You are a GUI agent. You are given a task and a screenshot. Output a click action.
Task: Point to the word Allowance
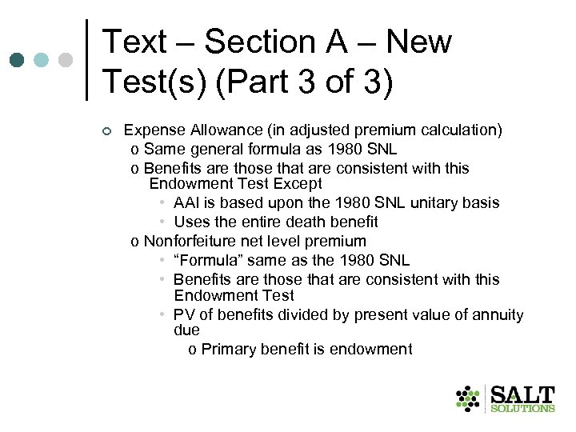tap(221, 130)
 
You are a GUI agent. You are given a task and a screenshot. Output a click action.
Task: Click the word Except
tap(300, 183)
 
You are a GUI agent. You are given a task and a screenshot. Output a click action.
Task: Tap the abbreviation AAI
tap(187, 202)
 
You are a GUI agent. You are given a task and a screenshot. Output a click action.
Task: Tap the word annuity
tap(495, 315)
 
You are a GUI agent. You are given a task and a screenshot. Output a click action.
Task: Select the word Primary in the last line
tap(230, 349)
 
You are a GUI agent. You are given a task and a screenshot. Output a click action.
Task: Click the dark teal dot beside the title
tap(17, 60)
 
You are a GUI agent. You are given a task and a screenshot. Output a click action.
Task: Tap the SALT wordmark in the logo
tap(522, 394)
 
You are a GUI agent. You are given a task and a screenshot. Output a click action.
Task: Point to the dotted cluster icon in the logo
tap(468, 398)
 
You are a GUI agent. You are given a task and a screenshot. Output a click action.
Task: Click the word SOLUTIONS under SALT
tap(522, 409)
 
